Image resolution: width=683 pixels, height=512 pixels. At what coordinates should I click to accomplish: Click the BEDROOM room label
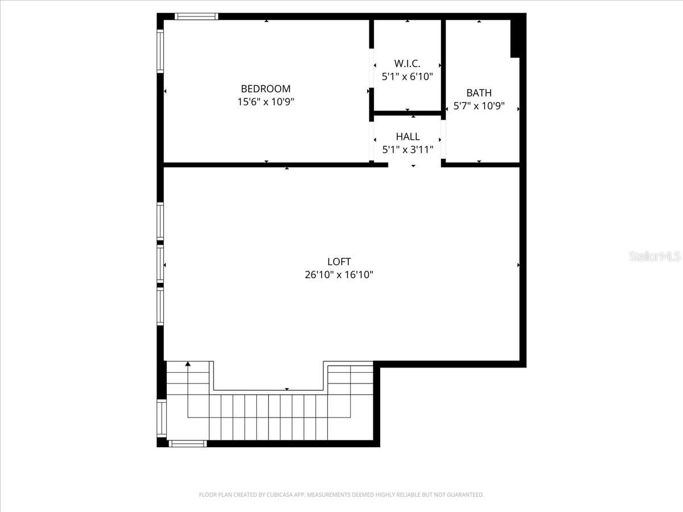[x=265, y=89]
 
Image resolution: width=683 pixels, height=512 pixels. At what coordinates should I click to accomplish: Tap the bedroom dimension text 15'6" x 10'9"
[x=265, y=102]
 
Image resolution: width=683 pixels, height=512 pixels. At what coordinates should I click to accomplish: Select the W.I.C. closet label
[x=407, y=63]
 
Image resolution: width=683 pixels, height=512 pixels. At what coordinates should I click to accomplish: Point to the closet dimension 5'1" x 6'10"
[x=407, y=76]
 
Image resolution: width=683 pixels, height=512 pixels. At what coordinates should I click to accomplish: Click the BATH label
[x=479, y=93]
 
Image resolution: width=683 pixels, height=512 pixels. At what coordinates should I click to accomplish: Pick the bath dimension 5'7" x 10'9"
[x=479, y=106]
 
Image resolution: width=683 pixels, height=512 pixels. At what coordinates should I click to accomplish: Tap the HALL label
[x=408, y=137]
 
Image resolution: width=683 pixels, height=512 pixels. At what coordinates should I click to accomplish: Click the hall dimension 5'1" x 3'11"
[x=408, y=150]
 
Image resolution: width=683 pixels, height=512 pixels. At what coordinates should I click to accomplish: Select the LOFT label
[x=339, y=262]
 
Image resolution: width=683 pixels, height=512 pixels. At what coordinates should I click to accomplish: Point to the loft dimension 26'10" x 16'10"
[x=339, y=275]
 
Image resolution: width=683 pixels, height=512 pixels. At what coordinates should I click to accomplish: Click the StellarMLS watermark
[x=655, y=257]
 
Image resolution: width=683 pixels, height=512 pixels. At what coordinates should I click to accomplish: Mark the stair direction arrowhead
[x=188, y=364]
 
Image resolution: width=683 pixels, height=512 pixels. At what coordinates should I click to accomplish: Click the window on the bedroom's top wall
[x=196, y=16]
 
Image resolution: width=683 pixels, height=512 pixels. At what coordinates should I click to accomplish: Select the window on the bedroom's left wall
[x=161, y=51]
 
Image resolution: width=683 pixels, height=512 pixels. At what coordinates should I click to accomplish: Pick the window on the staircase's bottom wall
[x=188, y=443]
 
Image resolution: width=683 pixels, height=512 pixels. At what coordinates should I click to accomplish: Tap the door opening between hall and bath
[x=443, y=139]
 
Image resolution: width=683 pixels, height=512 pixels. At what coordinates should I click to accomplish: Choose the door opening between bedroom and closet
[x=371, y=69]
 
